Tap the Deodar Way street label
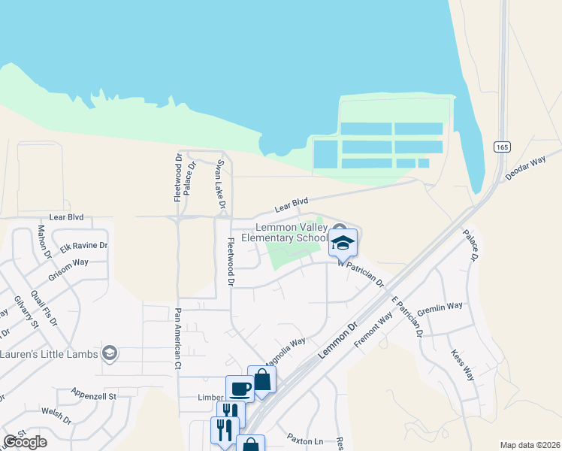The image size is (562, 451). pyautogui.click(x=525, y=167)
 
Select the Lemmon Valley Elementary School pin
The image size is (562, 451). pyautogui.click(x=343, y=243)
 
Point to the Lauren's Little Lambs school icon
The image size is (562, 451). pyautogui.click(x=110, y=354)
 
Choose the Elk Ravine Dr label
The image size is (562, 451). pyautogui.click(x=84, y=246)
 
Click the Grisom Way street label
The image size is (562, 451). pyautogui.click(x=68, y=263)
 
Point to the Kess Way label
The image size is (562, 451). pyautogui.click(x=463, y=365)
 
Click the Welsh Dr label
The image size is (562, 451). pyautogui.click(x=56, y=415)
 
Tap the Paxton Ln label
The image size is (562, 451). pyautogui.click(x=304, y=438)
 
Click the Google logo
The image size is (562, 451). pyautogui.click(x=25, y=442)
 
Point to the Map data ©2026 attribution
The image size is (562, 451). pyautogui.click(x=530, y=445)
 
